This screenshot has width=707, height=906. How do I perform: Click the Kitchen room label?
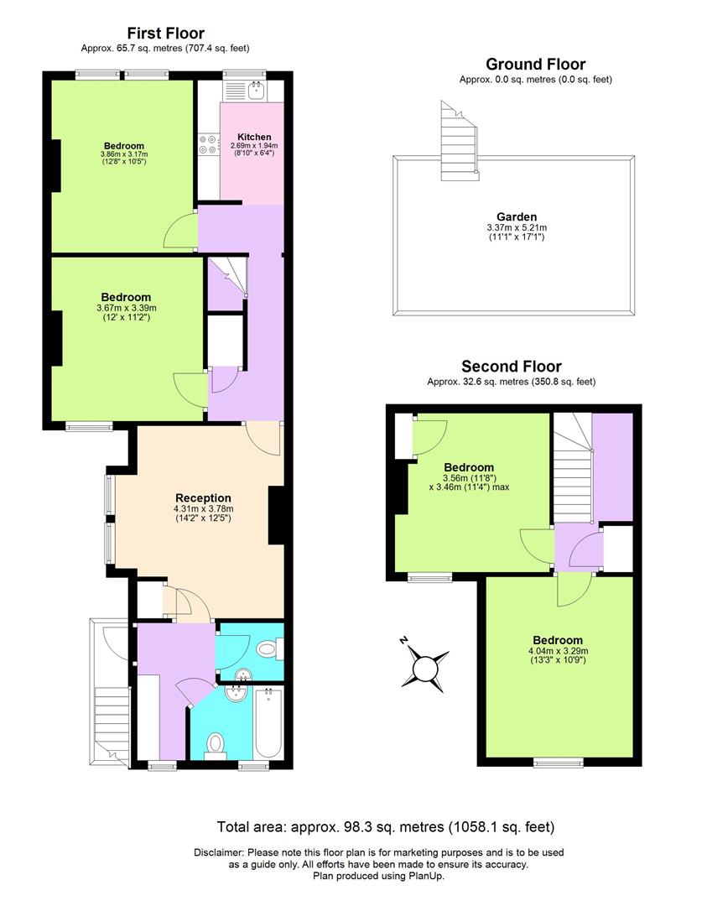[254, 137]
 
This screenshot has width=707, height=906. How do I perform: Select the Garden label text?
[516, 216]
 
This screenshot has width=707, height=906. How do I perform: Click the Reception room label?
[203, 497]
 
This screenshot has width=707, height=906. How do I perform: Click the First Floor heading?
[165, 34]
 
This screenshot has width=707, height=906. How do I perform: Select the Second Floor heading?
[512, 366]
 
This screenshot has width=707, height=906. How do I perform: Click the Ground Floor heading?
[535, 65]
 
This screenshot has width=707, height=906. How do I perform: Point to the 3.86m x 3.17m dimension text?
[124, 154]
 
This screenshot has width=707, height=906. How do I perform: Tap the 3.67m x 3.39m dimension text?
[127, 308]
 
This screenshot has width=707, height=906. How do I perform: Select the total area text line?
[386, 827]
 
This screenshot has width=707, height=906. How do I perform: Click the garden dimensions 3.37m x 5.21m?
[516, 227]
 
